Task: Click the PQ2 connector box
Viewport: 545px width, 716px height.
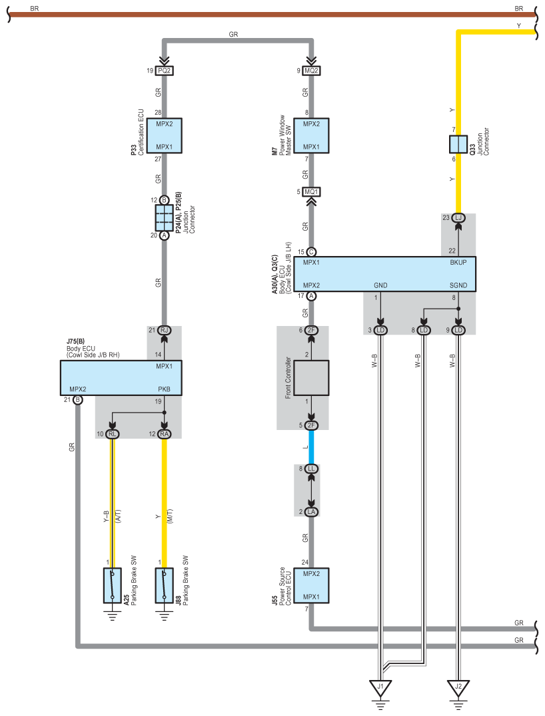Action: point(164,70)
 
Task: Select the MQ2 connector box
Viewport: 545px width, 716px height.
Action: point(311,70)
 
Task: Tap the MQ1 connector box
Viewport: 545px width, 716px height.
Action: point(311,192)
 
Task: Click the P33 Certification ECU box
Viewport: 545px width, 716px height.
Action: point(164,135)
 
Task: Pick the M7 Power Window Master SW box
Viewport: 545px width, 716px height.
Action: point(311,135)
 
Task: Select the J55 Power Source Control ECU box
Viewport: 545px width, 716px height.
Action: point(311,585)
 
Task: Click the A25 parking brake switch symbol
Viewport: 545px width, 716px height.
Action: point(112,585)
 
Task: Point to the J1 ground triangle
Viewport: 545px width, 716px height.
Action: point(380,687)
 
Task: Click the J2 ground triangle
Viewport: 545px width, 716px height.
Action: point(458,687)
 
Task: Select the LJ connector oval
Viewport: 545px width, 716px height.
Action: point(458,218)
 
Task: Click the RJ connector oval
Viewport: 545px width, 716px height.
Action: point(164,330)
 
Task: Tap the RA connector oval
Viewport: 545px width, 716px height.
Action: point(164,434)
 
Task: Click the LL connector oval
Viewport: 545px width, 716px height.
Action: point(311,469)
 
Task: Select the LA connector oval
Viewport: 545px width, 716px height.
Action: point(311,511)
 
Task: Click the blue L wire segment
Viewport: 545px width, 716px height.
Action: point(311,447)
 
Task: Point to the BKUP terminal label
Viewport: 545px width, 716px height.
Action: point(458,263)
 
